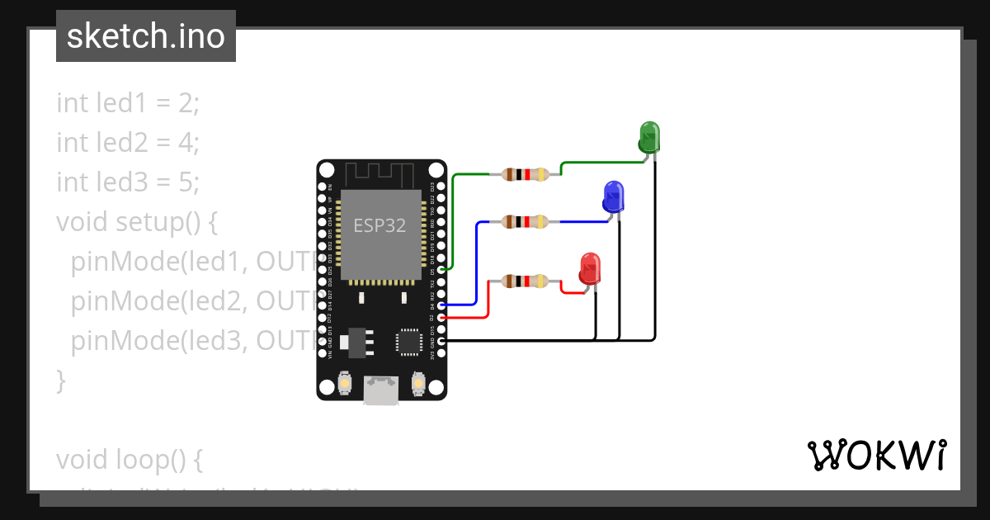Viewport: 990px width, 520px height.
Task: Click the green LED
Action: (649, 136)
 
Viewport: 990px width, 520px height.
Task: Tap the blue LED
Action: (613, 196)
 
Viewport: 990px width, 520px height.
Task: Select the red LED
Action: (589, 269)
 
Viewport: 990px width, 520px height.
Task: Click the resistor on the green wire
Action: (525, 174)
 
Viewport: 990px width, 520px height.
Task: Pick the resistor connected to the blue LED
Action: (525, 221)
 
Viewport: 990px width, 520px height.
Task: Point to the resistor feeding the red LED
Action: (525, 281)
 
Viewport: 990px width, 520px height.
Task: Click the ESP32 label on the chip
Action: (379, 225)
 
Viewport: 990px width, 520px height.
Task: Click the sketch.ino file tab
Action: (146, 36)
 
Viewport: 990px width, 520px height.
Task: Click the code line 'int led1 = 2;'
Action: (128, 103)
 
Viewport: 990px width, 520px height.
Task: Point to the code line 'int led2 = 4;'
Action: (128, 143)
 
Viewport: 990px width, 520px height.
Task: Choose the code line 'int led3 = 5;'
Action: (128, 182)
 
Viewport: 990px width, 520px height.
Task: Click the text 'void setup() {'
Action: (136, 222)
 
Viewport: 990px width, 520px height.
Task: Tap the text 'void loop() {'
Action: (129, 458)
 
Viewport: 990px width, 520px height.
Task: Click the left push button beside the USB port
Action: (345, 384)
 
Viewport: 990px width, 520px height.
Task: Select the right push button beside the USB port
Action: (418, 384)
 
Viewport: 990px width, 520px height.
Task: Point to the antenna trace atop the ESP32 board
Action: (379, 174)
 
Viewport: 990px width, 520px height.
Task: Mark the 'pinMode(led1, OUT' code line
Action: (194, 262)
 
